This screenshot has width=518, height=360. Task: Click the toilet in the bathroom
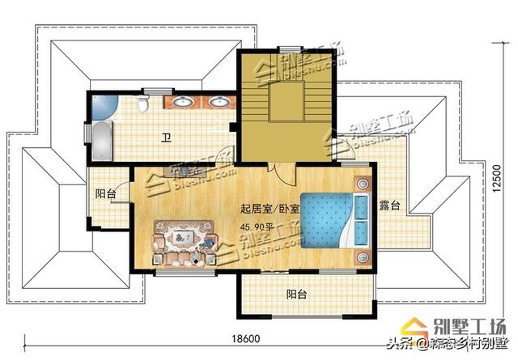click(x=143, y=104)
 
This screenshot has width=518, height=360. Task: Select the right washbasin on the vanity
click(x=217, y=103)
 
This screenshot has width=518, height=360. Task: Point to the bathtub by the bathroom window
click(x=101, y=141)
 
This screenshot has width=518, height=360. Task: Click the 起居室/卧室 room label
click(x=270, y=209)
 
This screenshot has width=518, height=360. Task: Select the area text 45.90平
click(x=257, y=227)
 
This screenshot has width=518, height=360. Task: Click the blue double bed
click(x=332, y=218)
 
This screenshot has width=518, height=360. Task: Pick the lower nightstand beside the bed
click(x=361, y=257)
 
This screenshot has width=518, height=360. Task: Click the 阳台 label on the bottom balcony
click(x=296, y=294)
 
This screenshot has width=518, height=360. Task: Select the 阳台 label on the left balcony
click(x=105, y=193)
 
